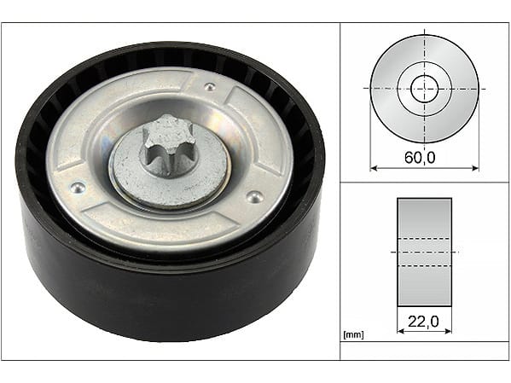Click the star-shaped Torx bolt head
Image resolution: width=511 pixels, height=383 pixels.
coord(165,145)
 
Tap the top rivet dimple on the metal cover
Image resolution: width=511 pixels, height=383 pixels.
coord(209,87)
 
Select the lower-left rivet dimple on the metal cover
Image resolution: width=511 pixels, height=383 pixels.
coord(78,188)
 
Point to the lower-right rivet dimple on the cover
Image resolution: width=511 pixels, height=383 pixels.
coord(254,196)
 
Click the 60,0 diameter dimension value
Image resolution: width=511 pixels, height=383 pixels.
coord(420,158)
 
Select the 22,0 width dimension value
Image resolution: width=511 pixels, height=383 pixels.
coord(423,322)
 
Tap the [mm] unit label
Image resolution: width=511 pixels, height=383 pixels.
coord(353,334)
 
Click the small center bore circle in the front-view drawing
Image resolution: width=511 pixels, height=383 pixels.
coord(424,89)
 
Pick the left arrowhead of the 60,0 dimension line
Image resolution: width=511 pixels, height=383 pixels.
coord(374,168)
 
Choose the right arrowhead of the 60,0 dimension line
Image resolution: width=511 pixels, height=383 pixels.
coord(475,168)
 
